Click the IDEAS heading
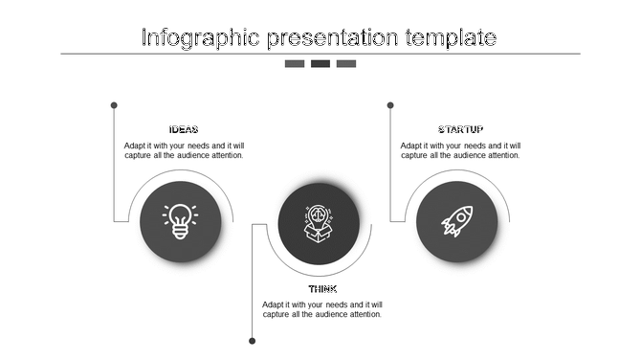click(184, 130)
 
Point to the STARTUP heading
click(460, 130)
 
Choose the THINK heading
click(322, 289)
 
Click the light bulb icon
click(181, 220)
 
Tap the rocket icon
click(456, 221)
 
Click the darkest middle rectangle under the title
click(320, 64)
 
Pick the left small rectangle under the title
click(295, 64)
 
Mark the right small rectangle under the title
click(346, 64)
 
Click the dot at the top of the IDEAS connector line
click(114, 104)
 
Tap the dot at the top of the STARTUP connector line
click(390, 104)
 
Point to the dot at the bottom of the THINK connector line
click(253, 340)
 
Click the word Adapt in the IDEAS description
click(136, 146)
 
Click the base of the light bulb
click(181, 232)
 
